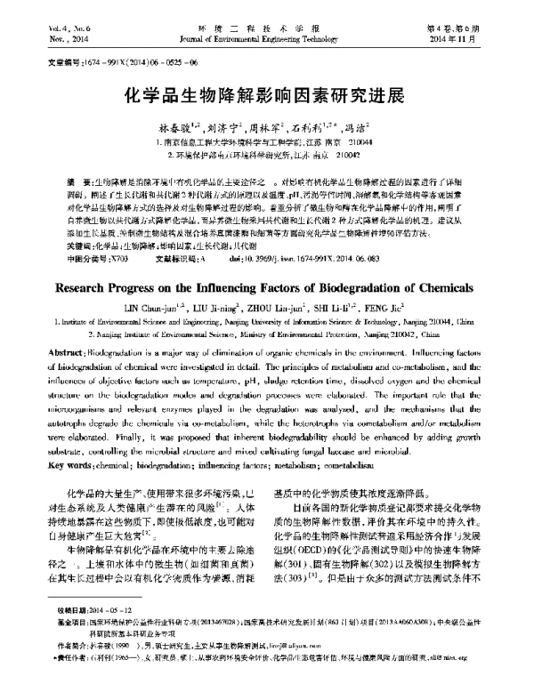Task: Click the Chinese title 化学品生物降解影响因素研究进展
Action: tap(267, 97)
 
